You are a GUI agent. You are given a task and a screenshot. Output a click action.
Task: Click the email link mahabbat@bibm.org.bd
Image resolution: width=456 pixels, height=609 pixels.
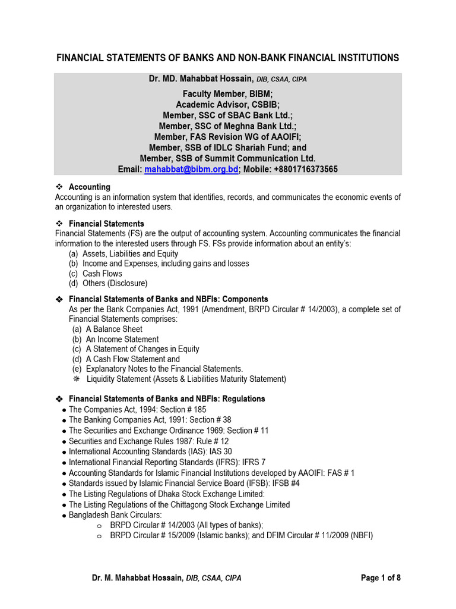[191, 169]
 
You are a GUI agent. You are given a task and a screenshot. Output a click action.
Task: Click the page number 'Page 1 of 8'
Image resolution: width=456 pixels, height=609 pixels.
[385, 577]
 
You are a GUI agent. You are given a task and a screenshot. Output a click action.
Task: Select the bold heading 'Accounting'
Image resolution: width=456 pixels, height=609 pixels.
[90, 187]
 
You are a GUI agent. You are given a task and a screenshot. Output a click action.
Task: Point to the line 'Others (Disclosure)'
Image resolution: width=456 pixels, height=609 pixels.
[115, 284]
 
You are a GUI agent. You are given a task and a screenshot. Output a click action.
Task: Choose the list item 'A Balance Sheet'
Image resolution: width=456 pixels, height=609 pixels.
[114, 329]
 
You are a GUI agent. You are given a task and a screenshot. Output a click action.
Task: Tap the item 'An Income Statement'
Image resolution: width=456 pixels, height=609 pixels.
[122, 339]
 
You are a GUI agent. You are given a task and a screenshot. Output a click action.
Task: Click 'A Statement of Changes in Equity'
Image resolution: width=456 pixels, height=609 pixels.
[142, 349]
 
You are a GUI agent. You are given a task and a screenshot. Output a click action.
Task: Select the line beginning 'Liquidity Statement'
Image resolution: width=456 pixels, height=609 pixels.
[186, 379]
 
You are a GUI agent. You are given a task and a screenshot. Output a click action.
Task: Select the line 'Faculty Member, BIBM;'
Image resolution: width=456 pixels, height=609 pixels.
[228, 93]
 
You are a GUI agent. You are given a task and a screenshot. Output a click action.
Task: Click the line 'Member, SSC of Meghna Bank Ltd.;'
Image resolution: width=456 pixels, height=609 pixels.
[228, 125]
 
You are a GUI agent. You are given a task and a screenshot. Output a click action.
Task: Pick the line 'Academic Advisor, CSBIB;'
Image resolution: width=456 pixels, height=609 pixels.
[228, 104]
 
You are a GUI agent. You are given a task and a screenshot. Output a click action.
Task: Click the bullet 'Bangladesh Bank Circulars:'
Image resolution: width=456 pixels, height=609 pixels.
[115, 514]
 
